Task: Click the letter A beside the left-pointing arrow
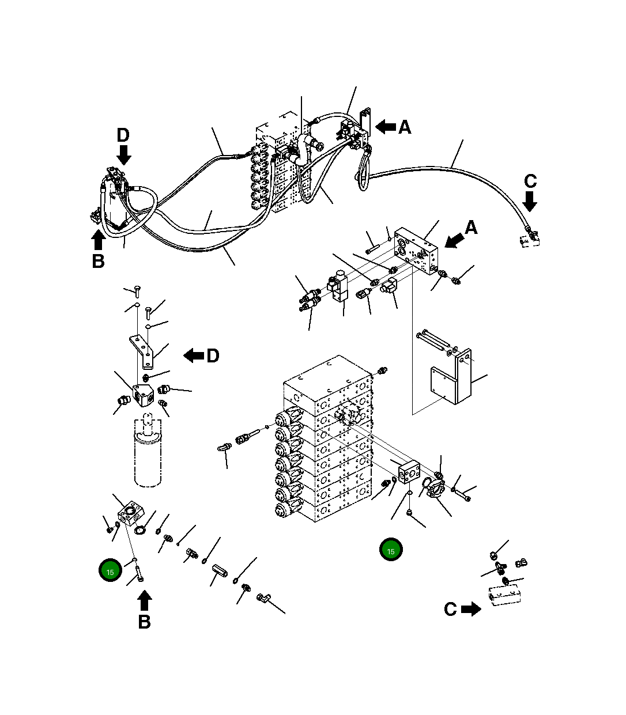405,127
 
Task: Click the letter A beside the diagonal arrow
471,228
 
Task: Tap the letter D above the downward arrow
123,135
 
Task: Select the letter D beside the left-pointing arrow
213,356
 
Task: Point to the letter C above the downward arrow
530,181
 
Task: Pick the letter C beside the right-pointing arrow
450,609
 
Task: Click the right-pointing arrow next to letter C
472,609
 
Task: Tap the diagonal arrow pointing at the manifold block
454,240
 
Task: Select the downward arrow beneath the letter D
123,154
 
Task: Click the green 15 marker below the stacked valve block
391,550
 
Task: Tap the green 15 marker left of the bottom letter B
110,571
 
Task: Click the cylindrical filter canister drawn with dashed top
148,455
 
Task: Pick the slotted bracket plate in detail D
143,351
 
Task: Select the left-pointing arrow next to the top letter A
385,127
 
